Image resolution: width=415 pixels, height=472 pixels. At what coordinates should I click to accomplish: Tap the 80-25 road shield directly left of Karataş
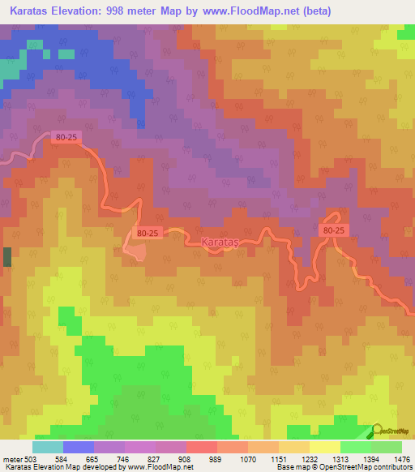point(148,233)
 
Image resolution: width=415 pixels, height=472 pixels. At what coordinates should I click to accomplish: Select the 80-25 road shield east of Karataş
point(333,231)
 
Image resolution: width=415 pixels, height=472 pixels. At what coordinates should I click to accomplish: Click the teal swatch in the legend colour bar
point(47,448)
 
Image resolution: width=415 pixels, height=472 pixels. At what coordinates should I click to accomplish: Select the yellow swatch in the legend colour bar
point(324,448)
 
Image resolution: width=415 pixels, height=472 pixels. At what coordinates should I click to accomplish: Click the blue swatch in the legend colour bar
point(79,448)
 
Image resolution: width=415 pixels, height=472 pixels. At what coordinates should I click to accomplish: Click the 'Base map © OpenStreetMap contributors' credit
point(343,467)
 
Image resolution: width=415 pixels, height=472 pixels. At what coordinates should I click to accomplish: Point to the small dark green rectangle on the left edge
point(7,257)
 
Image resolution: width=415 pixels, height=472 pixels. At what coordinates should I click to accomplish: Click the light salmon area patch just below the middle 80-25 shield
point(136,251)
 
